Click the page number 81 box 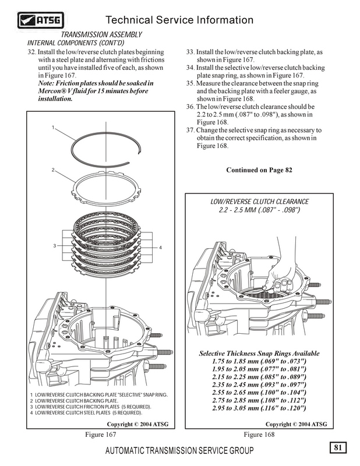pos(338,447)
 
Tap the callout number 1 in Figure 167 pos(52,127)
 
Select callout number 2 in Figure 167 pos(52,170)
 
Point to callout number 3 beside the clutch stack pos(54,246)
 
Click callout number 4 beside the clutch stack pos(160,249)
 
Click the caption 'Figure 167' pos(102,435)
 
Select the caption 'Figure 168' pos(260,435)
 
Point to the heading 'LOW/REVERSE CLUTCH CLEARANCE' pos(259,201)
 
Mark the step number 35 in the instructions pos(190,84)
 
